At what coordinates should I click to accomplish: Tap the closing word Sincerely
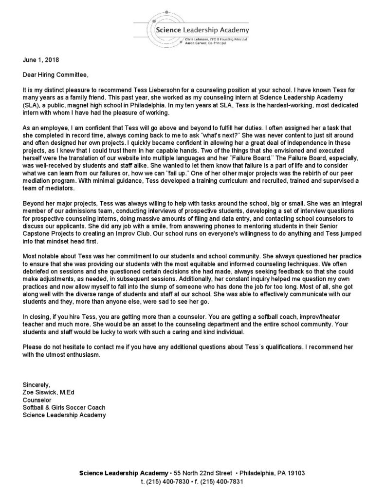tap(37, 384)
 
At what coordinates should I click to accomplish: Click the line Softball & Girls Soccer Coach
tap(64, 407)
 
